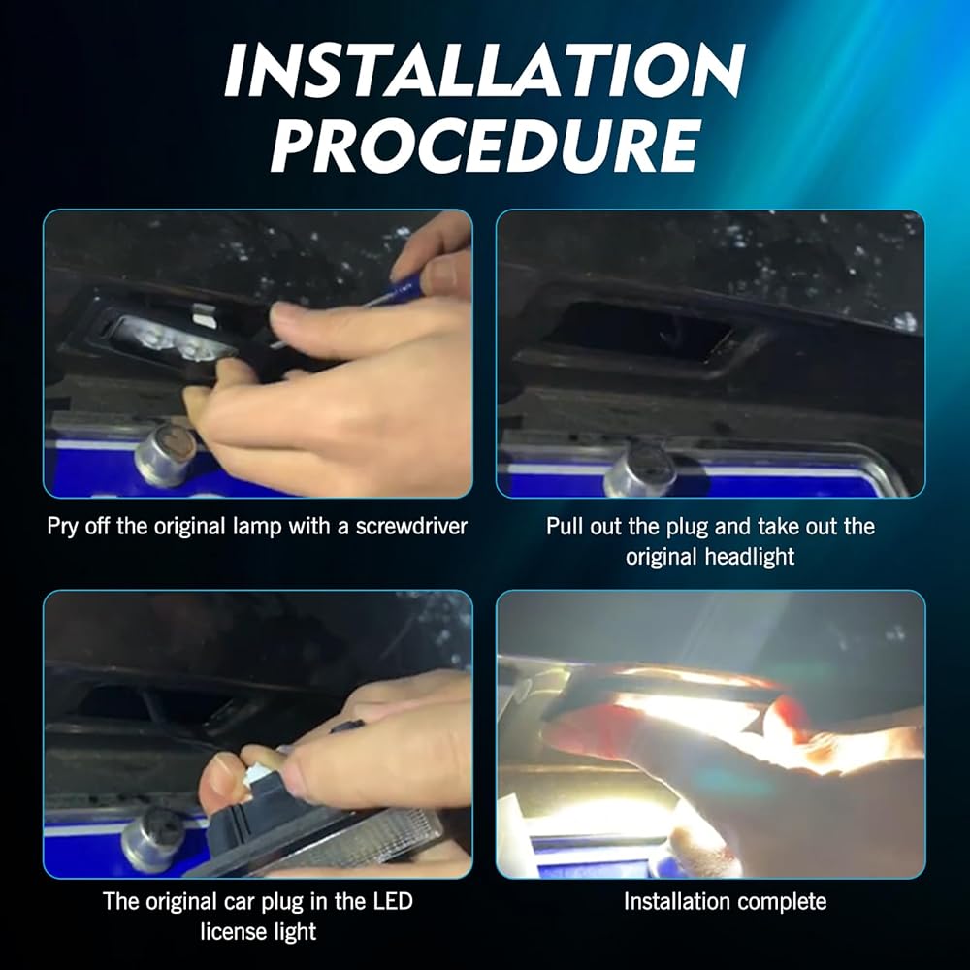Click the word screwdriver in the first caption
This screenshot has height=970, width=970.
point(411,527)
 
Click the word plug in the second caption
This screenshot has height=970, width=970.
point(687,528)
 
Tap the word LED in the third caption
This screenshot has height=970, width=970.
point(393,901)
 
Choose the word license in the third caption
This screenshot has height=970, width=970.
point(230,931)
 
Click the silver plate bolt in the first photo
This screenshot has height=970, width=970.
point(165,455)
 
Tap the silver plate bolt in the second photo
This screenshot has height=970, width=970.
point(639,470)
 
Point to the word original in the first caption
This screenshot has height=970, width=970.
point(189,528)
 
